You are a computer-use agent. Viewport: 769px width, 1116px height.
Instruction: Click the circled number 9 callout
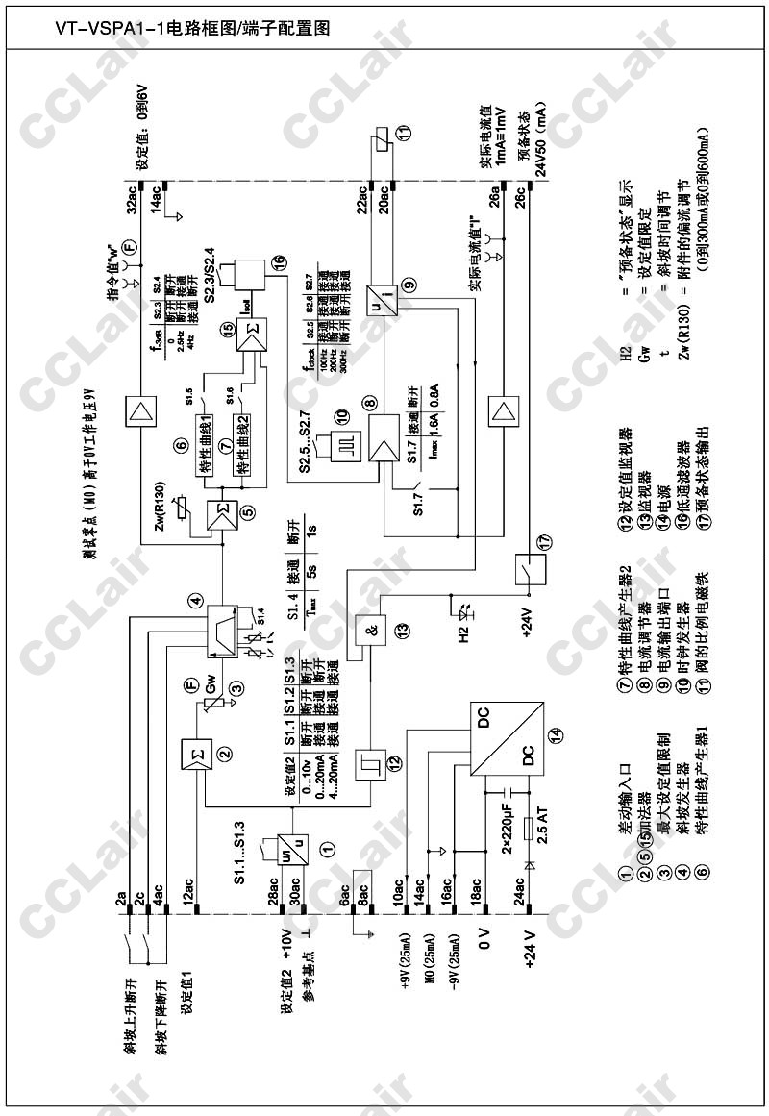click(x=409, y=285)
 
